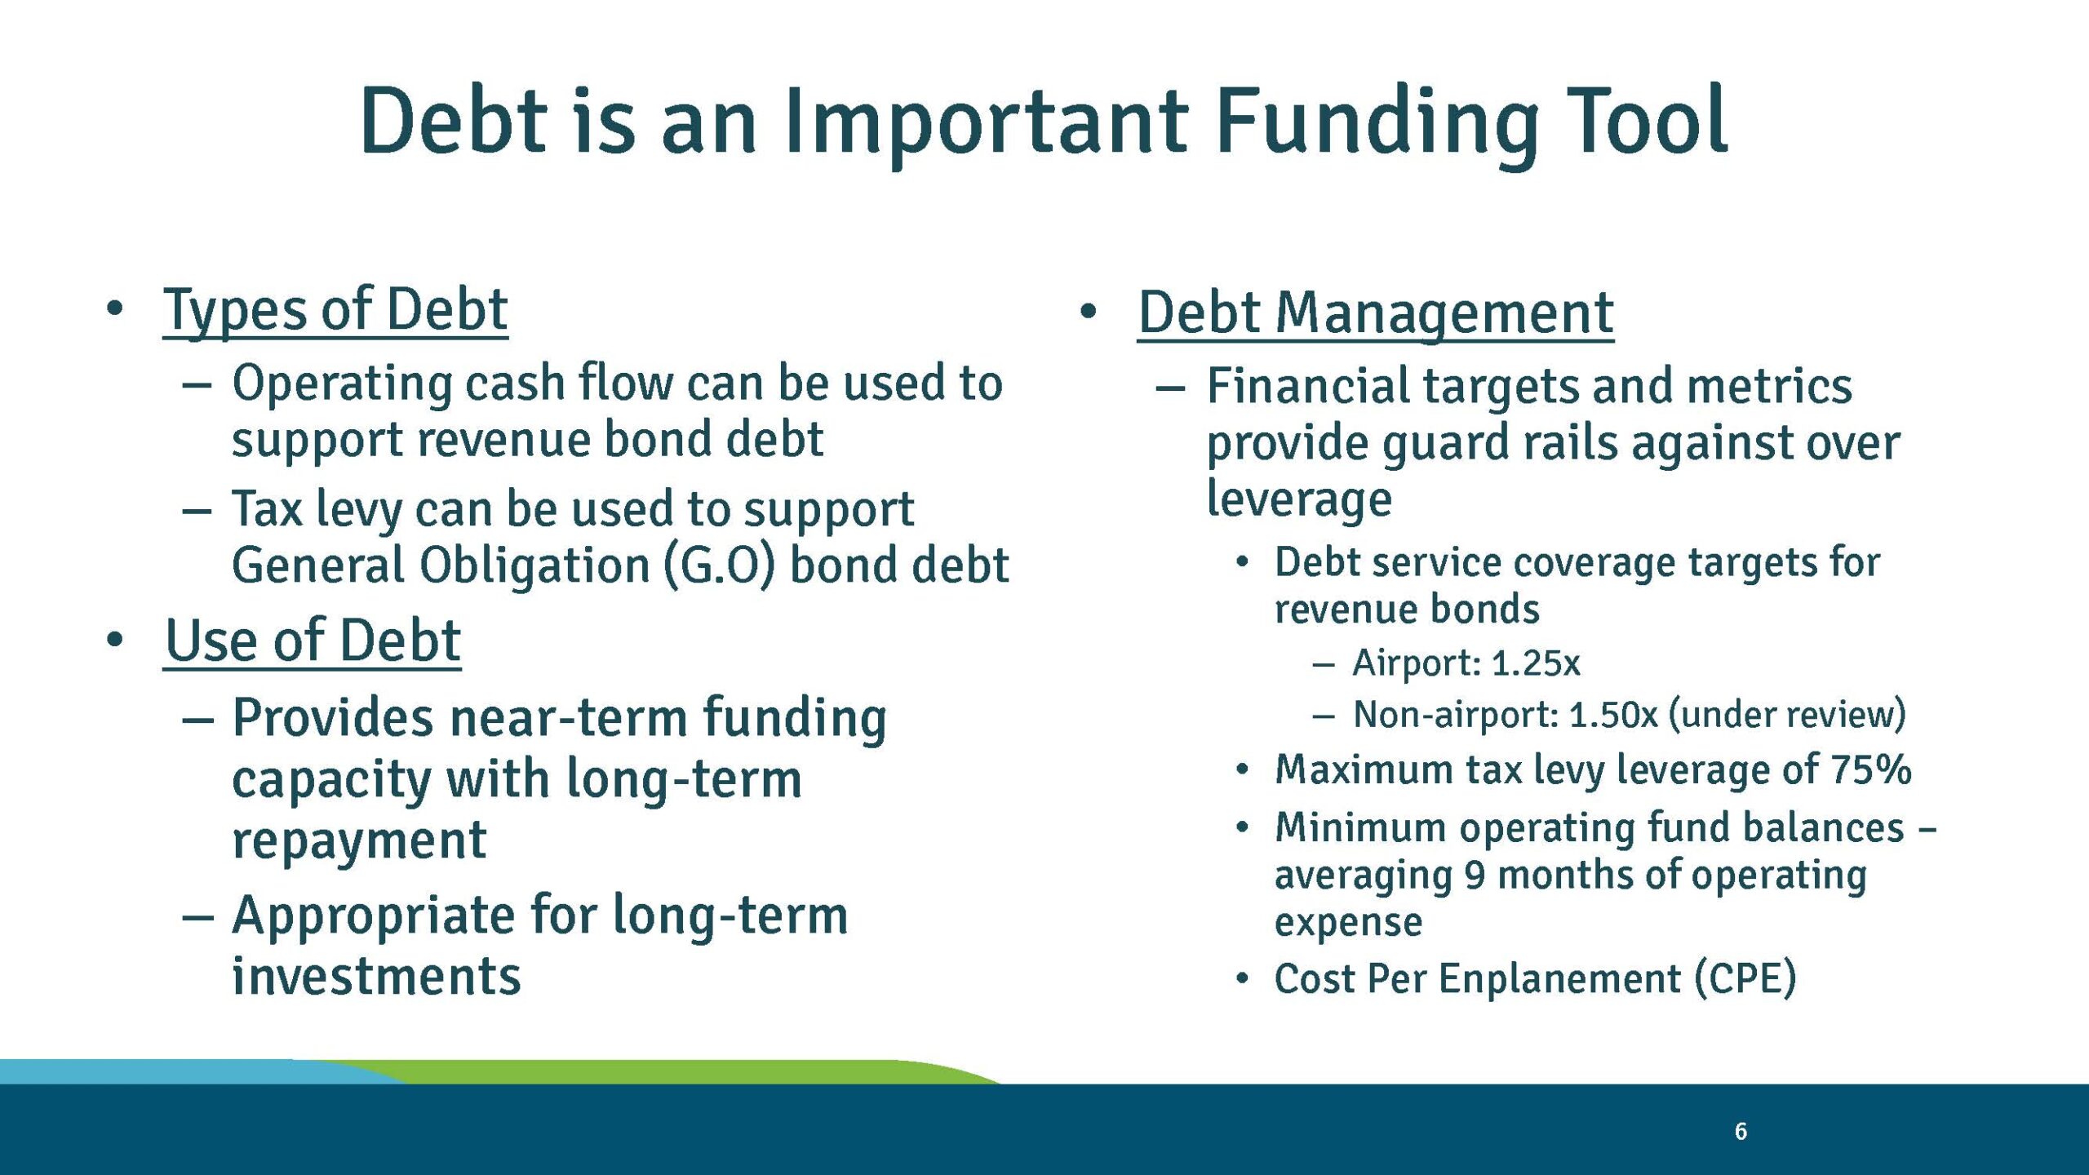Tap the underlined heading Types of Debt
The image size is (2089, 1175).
pyautogui.click(x=335, y=310)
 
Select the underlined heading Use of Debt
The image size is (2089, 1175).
pyautogui.click(x=313, y=641)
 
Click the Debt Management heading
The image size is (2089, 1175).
pyautogui.click(x=1375, y=313)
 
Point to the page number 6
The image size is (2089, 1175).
pyautogui.click(x=1741, y=1132)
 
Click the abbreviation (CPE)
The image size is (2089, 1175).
pyautogui.click(x=1745, y=978)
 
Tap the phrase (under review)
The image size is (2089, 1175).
pyautogui.click(x=1787, y=716)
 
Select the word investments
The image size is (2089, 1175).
pyautogui.click(x=376, y=977)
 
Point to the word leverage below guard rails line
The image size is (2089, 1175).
pyautogui.click(x=1299, y=499)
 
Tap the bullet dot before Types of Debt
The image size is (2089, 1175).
pyautogui.click(x=114, y=308)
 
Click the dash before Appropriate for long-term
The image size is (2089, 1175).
pyautogui.click(x=197, y=917)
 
